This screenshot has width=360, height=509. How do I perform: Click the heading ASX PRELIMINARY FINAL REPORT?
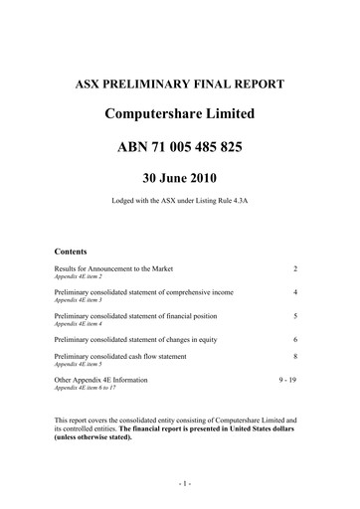point(179,84)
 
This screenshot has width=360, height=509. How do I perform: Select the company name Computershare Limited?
point(179,115)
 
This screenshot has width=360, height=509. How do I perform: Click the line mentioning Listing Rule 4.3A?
point(179,211)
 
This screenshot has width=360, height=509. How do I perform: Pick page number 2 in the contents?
point(295,269)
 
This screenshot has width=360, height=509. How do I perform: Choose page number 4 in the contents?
point(295,293)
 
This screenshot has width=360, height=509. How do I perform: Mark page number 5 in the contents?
point(295,316)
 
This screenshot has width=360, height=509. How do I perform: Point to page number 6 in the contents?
point(295,340)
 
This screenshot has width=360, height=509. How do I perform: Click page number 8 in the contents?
point(295,356)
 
